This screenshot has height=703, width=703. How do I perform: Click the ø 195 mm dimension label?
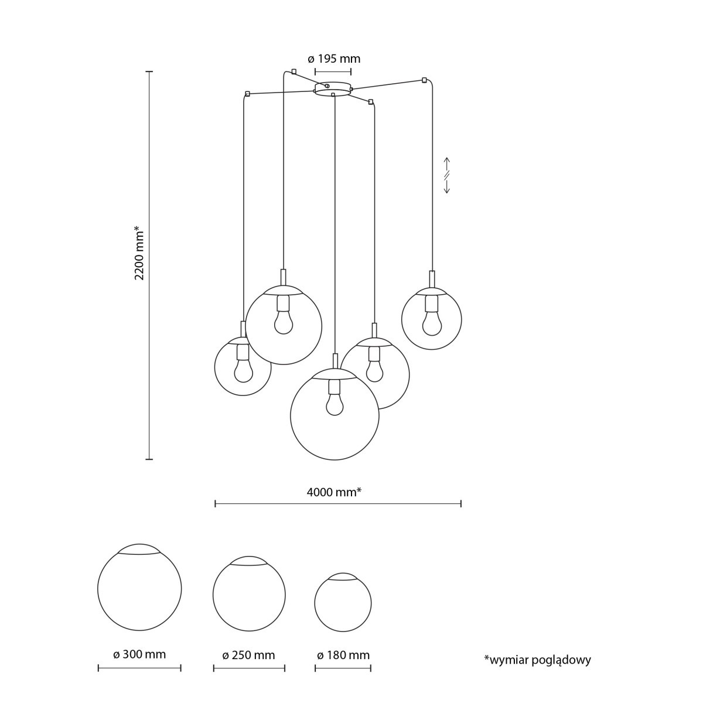tap(334, 59)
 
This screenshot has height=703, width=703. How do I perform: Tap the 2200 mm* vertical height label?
tap(139, 253)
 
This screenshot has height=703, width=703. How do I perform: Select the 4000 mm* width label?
tap(333, 492)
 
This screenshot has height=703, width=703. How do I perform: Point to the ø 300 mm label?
tap(139, 654)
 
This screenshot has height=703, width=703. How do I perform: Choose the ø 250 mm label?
tap(248, 655)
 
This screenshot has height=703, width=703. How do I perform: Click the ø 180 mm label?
tap(343, 655)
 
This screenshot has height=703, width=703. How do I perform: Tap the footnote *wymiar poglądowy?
tap(537, 660)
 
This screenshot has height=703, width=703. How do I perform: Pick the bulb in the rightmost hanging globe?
tap(432, 323)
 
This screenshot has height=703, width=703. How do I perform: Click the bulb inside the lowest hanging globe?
tap(335, 405)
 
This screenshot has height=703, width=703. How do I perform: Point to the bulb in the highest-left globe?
tap(284, 322)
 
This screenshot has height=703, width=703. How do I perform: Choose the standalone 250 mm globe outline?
tap(249, 594)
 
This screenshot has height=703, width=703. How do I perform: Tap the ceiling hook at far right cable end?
tap(424, 80)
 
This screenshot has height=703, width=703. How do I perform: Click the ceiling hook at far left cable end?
tap(248, 94)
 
